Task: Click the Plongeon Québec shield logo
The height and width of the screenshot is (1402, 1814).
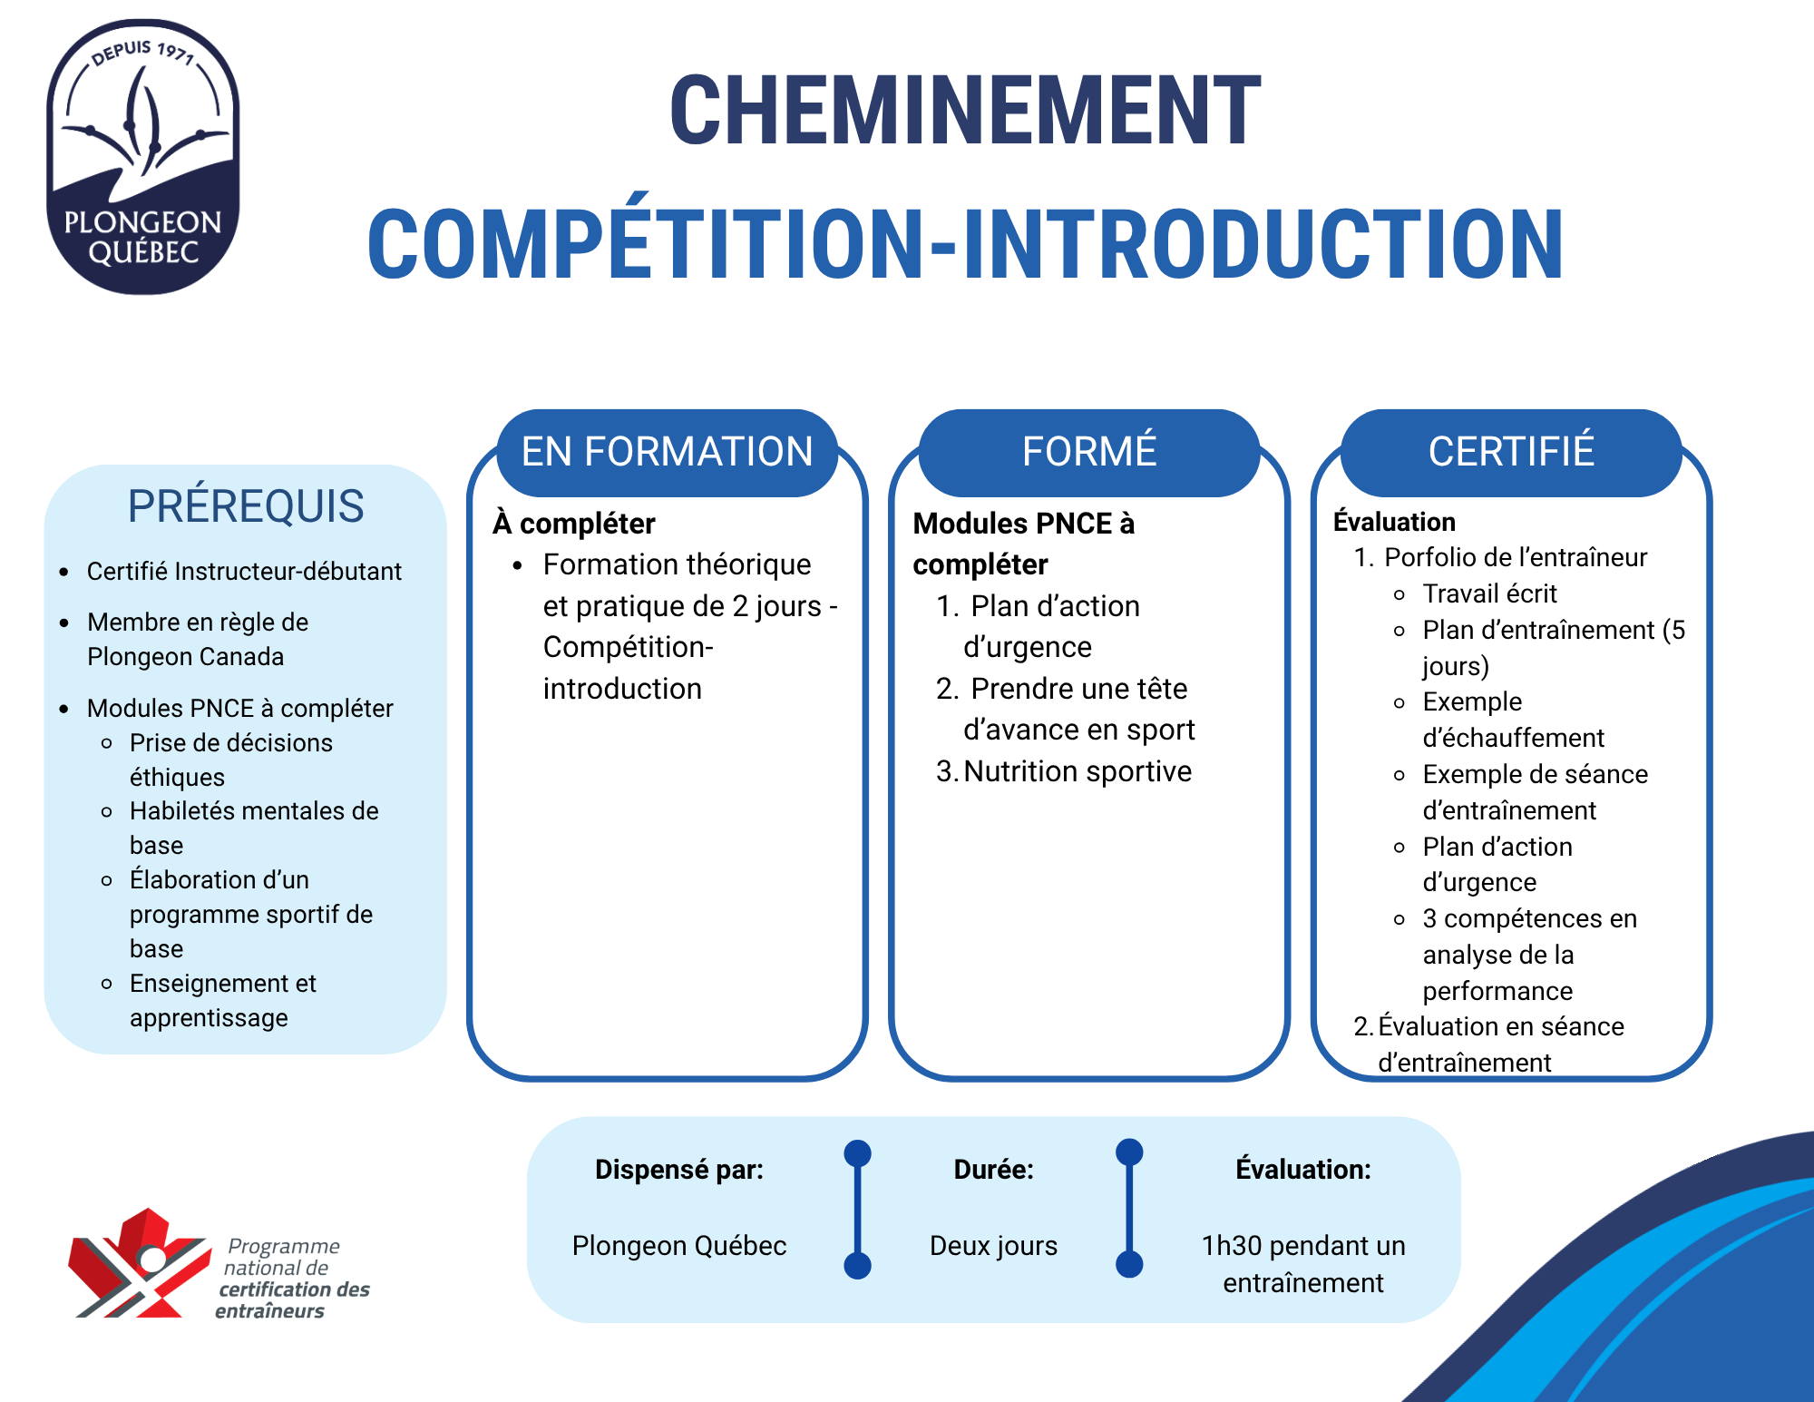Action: click(x=143, y=157)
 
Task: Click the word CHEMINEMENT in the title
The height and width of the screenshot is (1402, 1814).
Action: click(x=965, y=110)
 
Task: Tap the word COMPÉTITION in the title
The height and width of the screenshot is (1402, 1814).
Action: click(x=645, y=243)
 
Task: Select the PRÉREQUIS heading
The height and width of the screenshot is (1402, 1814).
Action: click(x=246, y=505)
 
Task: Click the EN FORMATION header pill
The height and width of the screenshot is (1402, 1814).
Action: click(x=668, y=452)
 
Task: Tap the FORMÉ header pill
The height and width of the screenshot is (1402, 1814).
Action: click(x=1089, y=452)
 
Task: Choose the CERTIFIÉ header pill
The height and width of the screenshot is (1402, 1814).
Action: click(x=1511, y=452)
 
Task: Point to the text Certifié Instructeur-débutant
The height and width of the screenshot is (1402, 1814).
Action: click(x=244, y=571)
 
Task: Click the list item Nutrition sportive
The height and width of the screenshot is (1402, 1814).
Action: click(x=1078, y=771)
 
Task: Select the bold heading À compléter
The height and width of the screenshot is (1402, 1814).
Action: click(x=573, y=524)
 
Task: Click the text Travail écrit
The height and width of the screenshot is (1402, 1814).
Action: click(x=1489, y=593)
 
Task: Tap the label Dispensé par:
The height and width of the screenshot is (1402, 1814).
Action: click(x=679, y=1170)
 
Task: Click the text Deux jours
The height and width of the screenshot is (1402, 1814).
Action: click(x=994, y=1246)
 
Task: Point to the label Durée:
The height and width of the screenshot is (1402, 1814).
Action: click(x=994, y=1170)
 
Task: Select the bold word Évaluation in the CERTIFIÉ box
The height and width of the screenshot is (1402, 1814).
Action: click(x=1394, y=522)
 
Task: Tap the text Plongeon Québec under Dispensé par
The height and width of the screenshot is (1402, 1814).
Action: click(x=679, y=1246)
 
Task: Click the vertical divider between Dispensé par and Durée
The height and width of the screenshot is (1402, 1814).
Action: click(x=857, y=1210)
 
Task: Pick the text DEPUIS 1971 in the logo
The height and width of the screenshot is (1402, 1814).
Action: click(x=143, y=53)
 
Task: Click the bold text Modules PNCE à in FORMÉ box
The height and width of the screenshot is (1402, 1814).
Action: click(x=1024, y=524)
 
